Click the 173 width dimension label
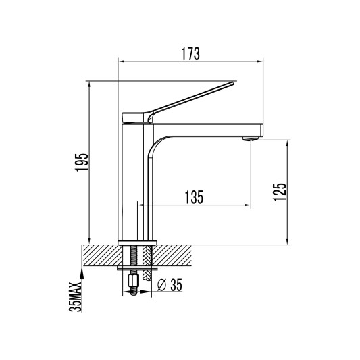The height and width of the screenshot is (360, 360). click(190, 54)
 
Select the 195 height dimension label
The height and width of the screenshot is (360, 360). click(82, 162)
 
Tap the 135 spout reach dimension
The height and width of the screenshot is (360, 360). click(194, 197)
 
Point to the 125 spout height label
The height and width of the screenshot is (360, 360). click(280, 192)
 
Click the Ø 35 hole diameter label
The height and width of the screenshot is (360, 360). click(170, 285)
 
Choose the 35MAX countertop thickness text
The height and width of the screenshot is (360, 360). click(76, 297)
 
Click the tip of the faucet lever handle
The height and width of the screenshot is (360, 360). click(232, 83)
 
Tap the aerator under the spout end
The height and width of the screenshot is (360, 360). click(251, 138)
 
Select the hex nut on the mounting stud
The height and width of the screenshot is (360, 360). click(134, 280)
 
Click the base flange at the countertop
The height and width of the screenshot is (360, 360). click(137, 242)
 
